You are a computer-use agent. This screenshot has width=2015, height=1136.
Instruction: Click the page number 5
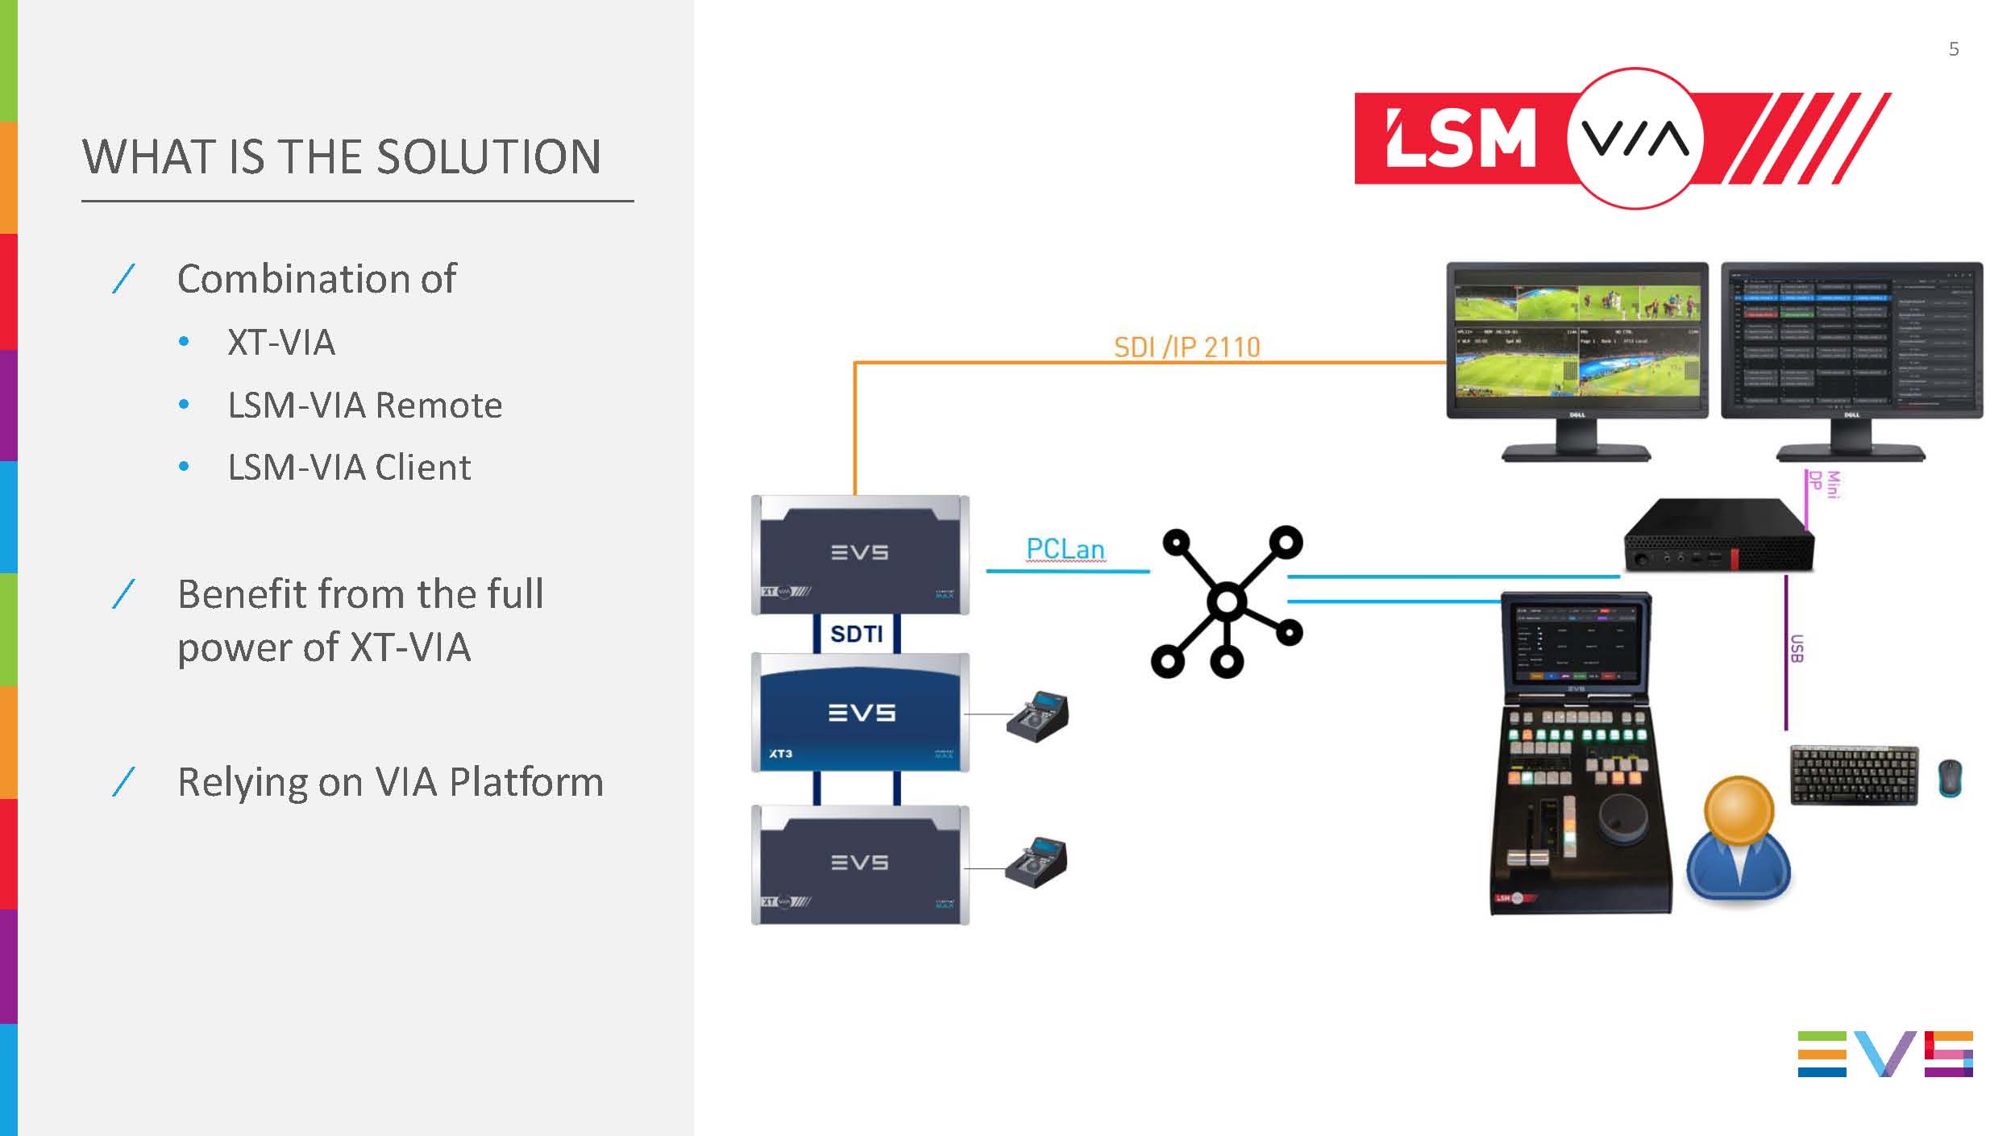click(1953, 49)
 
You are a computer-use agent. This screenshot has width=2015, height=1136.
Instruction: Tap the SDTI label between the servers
click(856, 634)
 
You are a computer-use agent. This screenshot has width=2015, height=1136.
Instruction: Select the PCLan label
click(1065, 549)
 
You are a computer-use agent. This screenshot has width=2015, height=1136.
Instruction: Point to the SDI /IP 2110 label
click(1186, 347)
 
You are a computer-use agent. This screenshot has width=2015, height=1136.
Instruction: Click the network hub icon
click(1227, 601)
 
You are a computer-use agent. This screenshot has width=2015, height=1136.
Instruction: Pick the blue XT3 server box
click(860, 713)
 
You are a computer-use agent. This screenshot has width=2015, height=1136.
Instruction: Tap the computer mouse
click(1950, 778)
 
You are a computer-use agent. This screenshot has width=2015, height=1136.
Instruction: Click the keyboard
click(1854, 775)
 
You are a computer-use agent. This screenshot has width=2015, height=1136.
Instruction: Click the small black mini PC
click(1717, 538)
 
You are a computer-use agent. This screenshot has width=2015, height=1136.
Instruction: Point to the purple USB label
click(1796, 649)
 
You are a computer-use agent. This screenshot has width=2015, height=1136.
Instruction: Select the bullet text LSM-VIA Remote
click(364, 405)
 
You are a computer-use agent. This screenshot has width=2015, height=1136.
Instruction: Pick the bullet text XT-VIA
click(280, 343)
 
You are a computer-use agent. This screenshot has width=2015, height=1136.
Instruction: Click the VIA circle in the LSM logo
click(1635, 139)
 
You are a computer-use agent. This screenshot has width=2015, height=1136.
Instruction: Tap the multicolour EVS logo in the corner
click(1884, 1054)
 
